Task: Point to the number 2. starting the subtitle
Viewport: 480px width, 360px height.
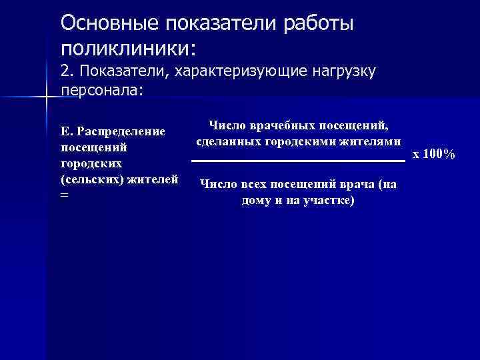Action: (x=67, y=70)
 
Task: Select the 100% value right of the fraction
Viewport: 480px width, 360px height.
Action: (x=439, y=155)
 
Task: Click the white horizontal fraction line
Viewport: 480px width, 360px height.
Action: (x=298, y=161)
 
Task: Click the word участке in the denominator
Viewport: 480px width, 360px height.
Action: (x=328, y=200)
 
